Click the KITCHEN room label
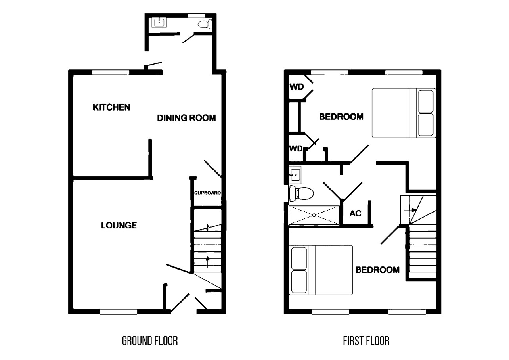point(111,107)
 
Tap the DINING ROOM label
point(186,118)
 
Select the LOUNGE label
point(119,226)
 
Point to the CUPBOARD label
point(207,193)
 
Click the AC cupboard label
point(356,213)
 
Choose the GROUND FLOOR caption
point(149,341)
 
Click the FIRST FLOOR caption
point(366,341)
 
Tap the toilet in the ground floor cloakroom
point(205,24)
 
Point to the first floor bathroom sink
point(295,174)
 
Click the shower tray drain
point(314,215)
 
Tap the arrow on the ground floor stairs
point(207,262)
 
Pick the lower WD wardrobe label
point(296,149)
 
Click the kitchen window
point(111,72)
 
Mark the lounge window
point(119,312)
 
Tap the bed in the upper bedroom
point(404,113)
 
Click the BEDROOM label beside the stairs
point(377,270)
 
